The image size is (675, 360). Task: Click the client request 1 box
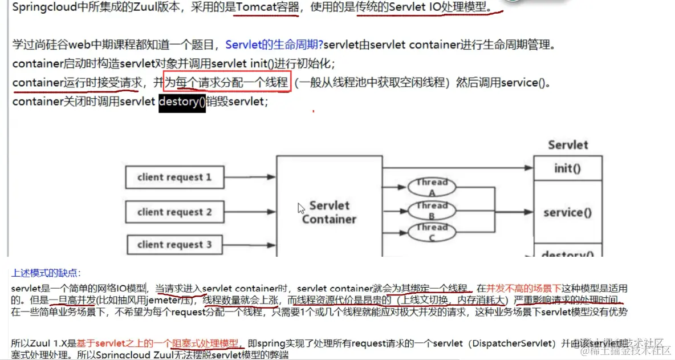coord(174,177)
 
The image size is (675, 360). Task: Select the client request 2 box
coord(174,212)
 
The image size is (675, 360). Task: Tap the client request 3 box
coord(174,245)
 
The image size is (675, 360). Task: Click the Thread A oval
coord(432,187)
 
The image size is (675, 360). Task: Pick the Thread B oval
coord(432,210)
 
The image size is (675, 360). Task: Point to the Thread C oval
coord(432,232)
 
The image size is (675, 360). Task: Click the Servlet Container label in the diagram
coord(329,212)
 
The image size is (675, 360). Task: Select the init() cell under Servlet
coord(567,168)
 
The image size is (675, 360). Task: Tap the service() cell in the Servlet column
coord(567,212)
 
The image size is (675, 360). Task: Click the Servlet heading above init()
coord(568,145)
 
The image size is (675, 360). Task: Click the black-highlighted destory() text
coord(182,102)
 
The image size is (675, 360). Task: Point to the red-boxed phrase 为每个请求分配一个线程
coord(227,83)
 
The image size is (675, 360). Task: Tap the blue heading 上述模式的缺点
coord(46,273)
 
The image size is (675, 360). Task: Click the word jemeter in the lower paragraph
coord(165,300)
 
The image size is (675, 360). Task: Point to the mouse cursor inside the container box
coord(301,208)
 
